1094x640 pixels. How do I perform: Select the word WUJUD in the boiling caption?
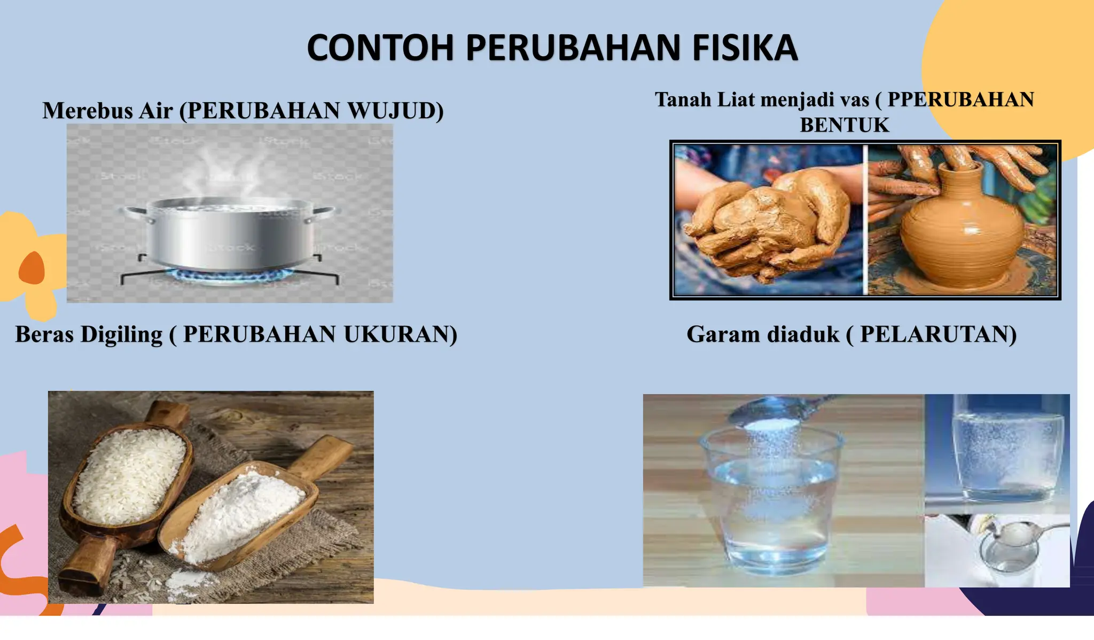tap(395, 111)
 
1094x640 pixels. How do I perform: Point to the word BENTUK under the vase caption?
tap(844, 125)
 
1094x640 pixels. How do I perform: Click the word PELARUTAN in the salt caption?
tap(937, 334)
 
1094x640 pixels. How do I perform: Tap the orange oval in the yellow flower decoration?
tap(32, 267)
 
